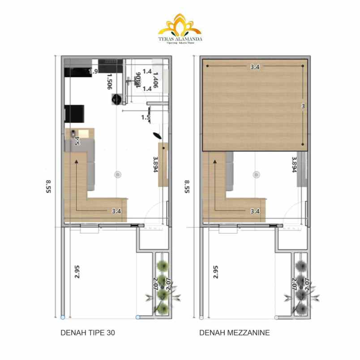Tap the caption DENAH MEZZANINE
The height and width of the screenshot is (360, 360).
[x=234, y=333]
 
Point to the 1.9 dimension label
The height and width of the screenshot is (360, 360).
[x=93, y=71]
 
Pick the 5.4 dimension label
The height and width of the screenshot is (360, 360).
[x=77, y=141]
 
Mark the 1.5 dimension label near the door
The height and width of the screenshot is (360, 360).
[x=145, y=118]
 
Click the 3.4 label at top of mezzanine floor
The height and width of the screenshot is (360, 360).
[x=255, y=67]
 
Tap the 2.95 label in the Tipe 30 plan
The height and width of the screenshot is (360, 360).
[x=77, y=272]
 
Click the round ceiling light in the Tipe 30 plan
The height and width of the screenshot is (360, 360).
[x=118, y=174]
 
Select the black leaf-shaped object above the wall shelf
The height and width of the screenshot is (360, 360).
[x=158, y=135]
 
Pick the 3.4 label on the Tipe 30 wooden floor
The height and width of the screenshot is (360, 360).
[x=117, y=211]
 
